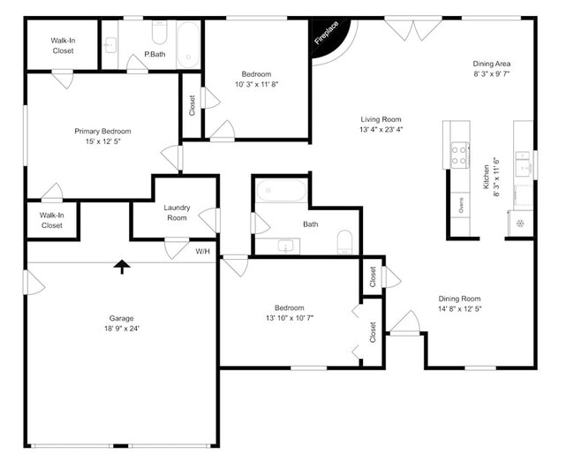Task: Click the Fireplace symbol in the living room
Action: click(x=330, y=40)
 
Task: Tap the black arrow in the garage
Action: click(x=121, y=267)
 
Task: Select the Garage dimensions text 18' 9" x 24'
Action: click(x=121, y=329)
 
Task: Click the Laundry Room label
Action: click(x=177, y=212)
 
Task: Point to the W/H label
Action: click(x=202, y=252)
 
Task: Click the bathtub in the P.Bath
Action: click(x=188, y=44)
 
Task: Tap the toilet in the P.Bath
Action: click(x=160, y=33)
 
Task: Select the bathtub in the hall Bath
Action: click(x=281, y=191)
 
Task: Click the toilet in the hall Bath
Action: click(x=345, y=241)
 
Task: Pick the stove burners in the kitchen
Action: click(x=459, y=156)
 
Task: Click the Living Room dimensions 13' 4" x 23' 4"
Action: click(x=381, y=130)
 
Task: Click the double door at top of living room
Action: click(x=413, y=29)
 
